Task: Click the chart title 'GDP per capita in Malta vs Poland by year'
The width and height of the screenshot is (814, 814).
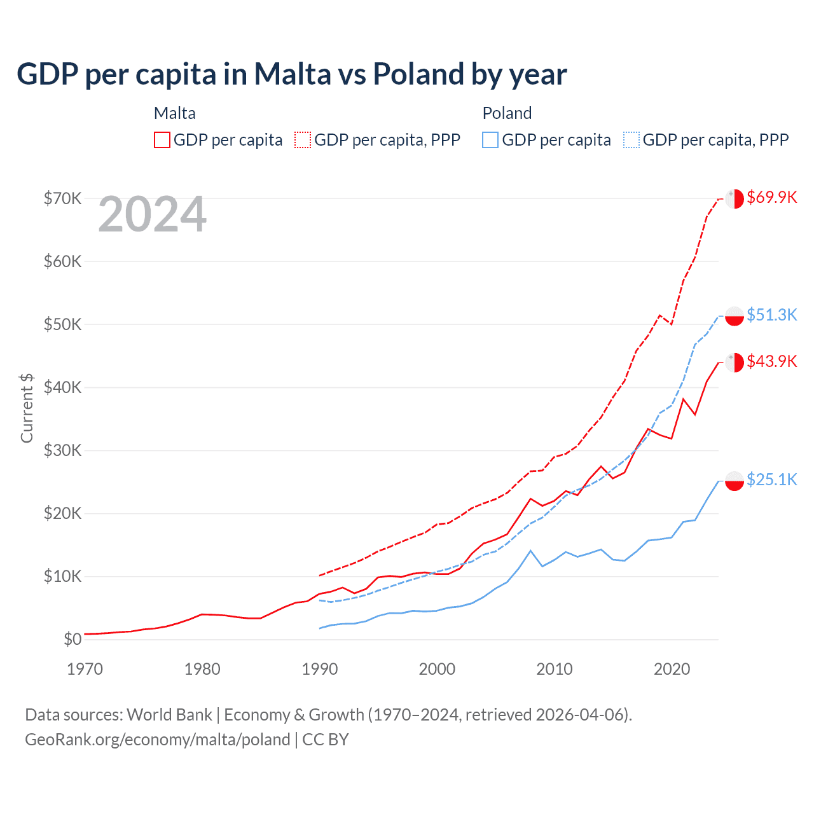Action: [x=291, y=74]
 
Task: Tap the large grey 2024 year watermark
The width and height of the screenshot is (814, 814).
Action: [x=152, y=215]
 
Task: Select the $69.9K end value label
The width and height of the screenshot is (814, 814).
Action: [x=771, y=197]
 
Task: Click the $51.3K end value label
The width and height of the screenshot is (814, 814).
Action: [x=771, y=315]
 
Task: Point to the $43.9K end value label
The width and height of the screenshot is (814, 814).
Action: [x=771, y=361]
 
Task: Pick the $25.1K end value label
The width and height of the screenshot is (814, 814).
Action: [x=771, y=479]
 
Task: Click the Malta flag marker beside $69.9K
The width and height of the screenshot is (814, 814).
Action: [x=735, y=198]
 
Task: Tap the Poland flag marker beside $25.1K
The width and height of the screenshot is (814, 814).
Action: [x=735, y=481]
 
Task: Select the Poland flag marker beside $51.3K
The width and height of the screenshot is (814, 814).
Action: [x=735, y=316]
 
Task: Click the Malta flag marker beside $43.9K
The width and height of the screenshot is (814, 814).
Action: [x=735, y=362]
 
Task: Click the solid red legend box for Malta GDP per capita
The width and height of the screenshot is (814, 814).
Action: [x=162, y=140]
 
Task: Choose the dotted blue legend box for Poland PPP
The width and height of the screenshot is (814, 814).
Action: [x=631, y=140]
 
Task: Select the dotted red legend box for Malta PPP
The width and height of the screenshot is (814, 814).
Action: [x=303, y=140]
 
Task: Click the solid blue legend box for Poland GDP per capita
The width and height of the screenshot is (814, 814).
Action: [x=490, y=140]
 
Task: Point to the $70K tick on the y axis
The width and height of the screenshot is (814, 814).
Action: [x=62, y=198]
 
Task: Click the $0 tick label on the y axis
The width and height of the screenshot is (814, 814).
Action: [x=72, y=639]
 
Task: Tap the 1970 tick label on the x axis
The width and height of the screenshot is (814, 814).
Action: [x=85, y=669]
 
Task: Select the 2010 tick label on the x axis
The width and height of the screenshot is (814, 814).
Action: [x=555, y=669]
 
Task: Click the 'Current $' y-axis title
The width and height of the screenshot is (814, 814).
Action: [x=27, y=408]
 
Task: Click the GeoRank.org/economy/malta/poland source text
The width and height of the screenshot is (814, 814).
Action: [x=157, y=740]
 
